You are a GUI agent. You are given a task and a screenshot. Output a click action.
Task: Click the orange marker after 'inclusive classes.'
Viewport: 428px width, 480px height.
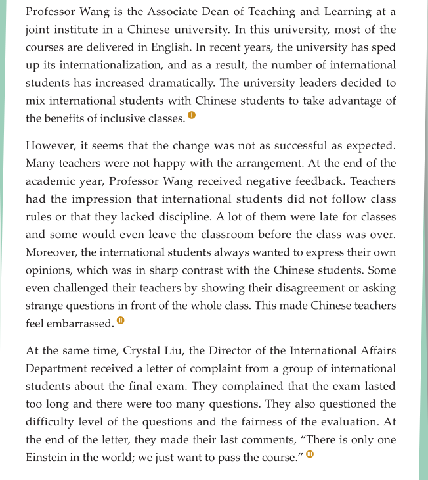[x=192, y=116]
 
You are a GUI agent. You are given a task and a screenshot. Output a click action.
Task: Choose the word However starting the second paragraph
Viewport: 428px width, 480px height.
[x=51, y=145]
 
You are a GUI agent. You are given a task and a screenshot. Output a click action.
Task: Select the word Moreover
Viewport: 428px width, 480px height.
[x=54, y=252]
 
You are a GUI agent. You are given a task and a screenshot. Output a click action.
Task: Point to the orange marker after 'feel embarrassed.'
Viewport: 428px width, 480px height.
[x=120, y=320]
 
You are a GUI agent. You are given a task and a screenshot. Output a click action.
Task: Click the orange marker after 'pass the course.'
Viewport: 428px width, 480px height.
[x=310, y=454]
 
